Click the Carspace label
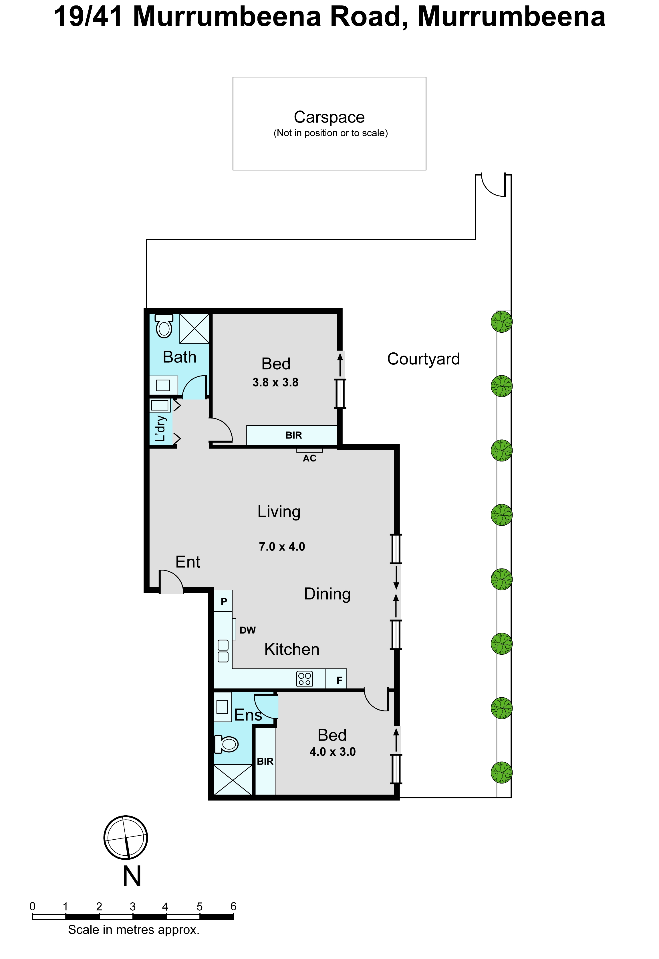coord(329,117)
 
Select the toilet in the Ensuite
coord(226,745)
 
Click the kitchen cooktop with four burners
coord(305,679)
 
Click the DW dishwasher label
coord(247,630)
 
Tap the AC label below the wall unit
coord(309,458)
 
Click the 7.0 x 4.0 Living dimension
coord(282,547)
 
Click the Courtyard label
coord(423,359)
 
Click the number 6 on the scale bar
coord(233,907)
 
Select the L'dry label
coord(161,429)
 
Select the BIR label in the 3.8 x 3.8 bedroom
coord(293,435)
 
